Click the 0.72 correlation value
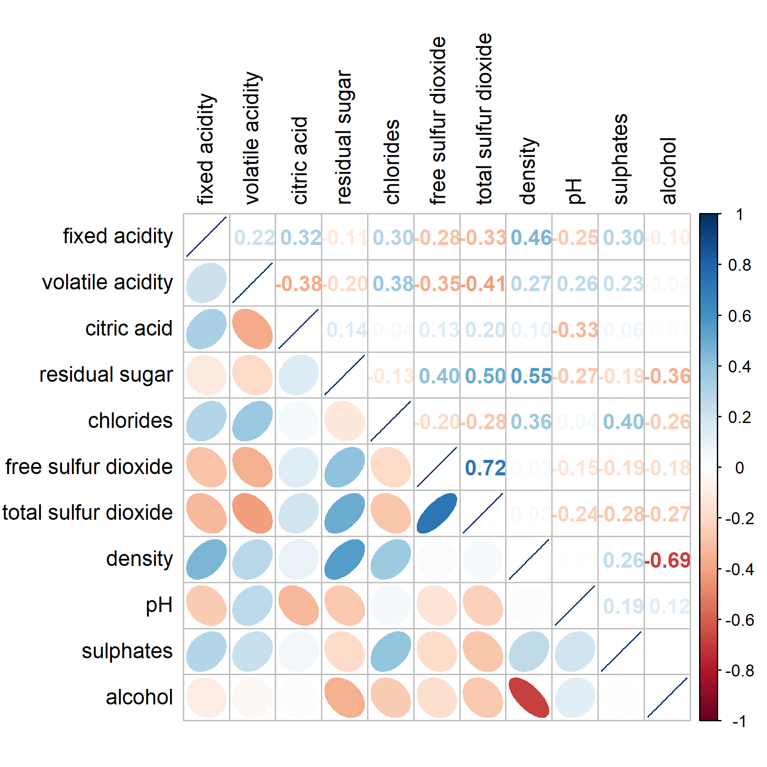pyautogui.click(x=485, y=468)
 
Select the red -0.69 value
pyautogui.click(x=668, y=560)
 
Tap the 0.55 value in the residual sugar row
pyautogui.click(x=531, y=376)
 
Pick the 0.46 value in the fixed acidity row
pyautogui.click(x=531, y=237)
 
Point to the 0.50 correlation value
pyautogui.click(x=485, y=376)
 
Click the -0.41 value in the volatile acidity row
pyautogui.click(x=483, y=284)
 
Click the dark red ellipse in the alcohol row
pyautogui.click(x=529, y=697)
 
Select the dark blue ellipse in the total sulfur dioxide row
pyautogui.click(x=437, y=513)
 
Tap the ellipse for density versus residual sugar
pyautogui.click(x=344, y=559)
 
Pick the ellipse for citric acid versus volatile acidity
pyautogui.click(x=252, y=329)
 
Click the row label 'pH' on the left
pyautogui.click(x=159, y=605)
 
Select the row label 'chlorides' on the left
pyautogui.click(x=130, y=421)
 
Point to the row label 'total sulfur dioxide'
pyautogui.click(x=87, y=513)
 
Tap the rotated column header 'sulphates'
pyautogui.click(x=621, y=159)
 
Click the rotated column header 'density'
pyautogui.click(x=529, y=170)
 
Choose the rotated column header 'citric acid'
pyautogui.click(x=300, y=160)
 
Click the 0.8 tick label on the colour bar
pyautogui.click(x=739, y=265)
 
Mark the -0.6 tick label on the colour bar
pyautogui.click(x=739, y=620)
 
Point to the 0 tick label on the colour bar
pyautogui.click(x=739, y=468)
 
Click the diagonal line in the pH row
pyautogui.click(x=575, y=605)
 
